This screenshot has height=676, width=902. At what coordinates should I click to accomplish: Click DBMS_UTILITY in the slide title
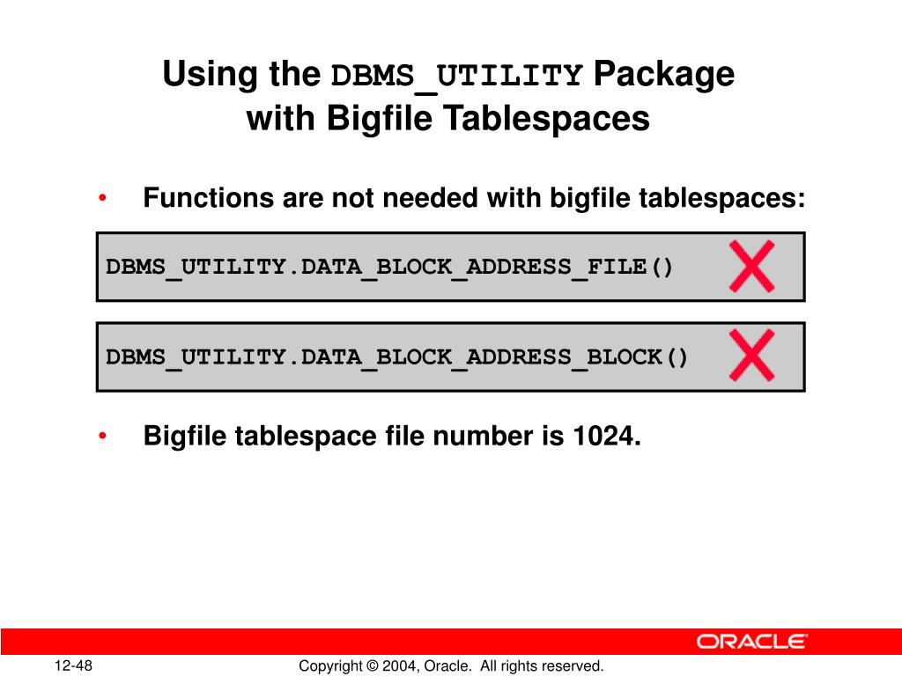(456, 77)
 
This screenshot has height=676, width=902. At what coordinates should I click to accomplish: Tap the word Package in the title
(663, 75)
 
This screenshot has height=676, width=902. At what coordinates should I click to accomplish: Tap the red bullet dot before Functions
(104, 199)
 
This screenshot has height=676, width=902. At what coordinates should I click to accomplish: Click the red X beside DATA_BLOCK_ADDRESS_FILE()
(751, 266)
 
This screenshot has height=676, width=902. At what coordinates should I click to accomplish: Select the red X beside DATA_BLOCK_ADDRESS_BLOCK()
(751, 356)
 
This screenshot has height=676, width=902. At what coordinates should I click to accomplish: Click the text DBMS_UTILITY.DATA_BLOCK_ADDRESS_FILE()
(389, 267)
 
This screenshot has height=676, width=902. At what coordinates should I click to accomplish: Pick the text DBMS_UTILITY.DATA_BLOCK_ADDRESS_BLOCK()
(397, 357)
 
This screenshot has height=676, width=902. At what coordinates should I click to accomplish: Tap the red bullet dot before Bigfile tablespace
(104, 436)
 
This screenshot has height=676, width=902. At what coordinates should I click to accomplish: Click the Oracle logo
(751, 642)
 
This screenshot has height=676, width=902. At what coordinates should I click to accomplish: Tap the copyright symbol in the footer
(373, 666)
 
